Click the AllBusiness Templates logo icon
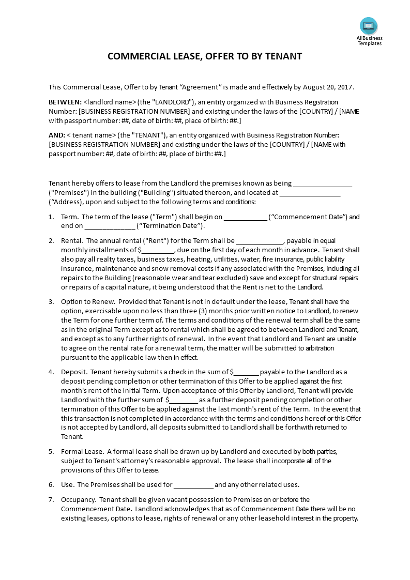click(369, 26)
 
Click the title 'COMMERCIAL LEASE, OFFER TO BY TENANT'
click(205, 56)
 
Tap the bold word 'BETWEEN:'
click(65, 102)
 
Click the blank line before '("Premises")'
click(323, 184)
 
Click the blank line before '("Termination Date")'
click(109, 226)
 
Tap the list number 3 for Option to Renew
click(51, 302)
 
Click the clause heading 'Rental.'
click(72, 241)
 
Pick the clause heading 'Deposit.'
click(74, 372)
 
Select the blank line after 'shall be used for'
click(193, 485)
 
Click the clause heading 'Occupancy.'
click(79, 500)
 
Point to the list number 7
click(51, 500)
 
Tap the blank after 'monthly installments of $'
click(158, 250)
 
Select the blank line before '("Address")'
click(310, 193)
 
